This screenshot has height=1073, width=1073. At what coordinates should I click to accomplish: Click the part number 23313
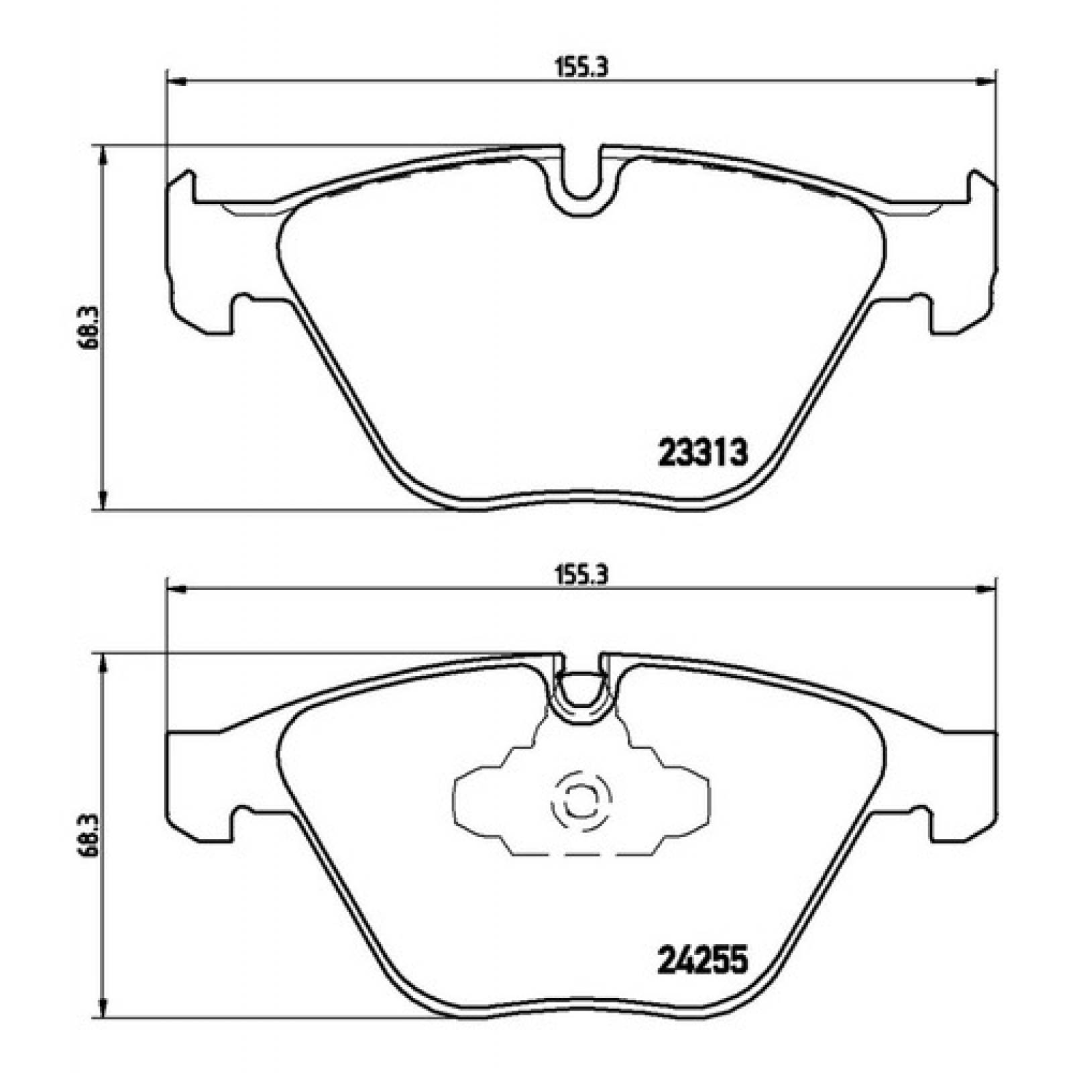click(x=703, y=453)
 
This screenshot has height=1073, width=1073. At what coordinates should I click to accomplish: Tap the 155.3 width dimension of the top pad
click(x=581, y=69)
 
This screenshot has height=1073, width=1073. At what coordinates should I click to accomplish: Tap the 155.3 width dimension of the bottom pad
click(x=581, y=576)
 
